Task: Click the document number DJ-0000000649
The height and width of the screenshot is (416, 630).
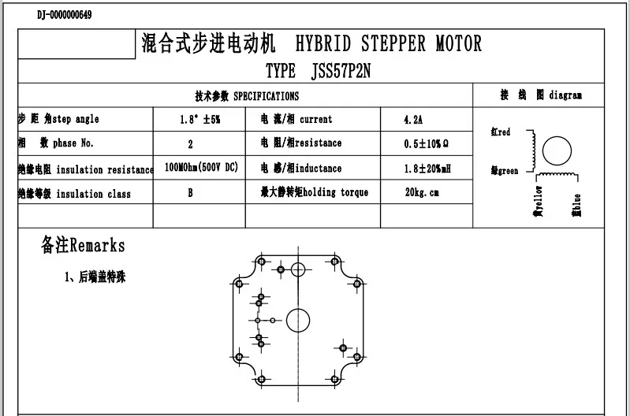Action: click(x=64, y=15)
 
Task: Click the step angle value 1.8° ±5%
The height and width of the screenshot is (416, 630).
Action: click(x=199, y=120)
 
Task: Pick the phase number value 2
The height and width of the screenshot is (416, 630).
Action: click(x=190, y=144)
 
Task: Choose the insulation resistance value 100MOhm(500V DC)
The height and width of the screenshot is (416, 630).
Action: click(x=201, y=168)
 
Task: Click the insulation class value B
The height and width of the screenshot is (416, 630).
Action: click(x=190, y=193)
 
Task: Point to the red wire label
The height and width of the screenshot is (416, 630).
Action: click(x=500, y=132)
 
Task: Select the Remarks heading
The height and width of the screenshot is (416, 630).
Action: click(x=83, y=246)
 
